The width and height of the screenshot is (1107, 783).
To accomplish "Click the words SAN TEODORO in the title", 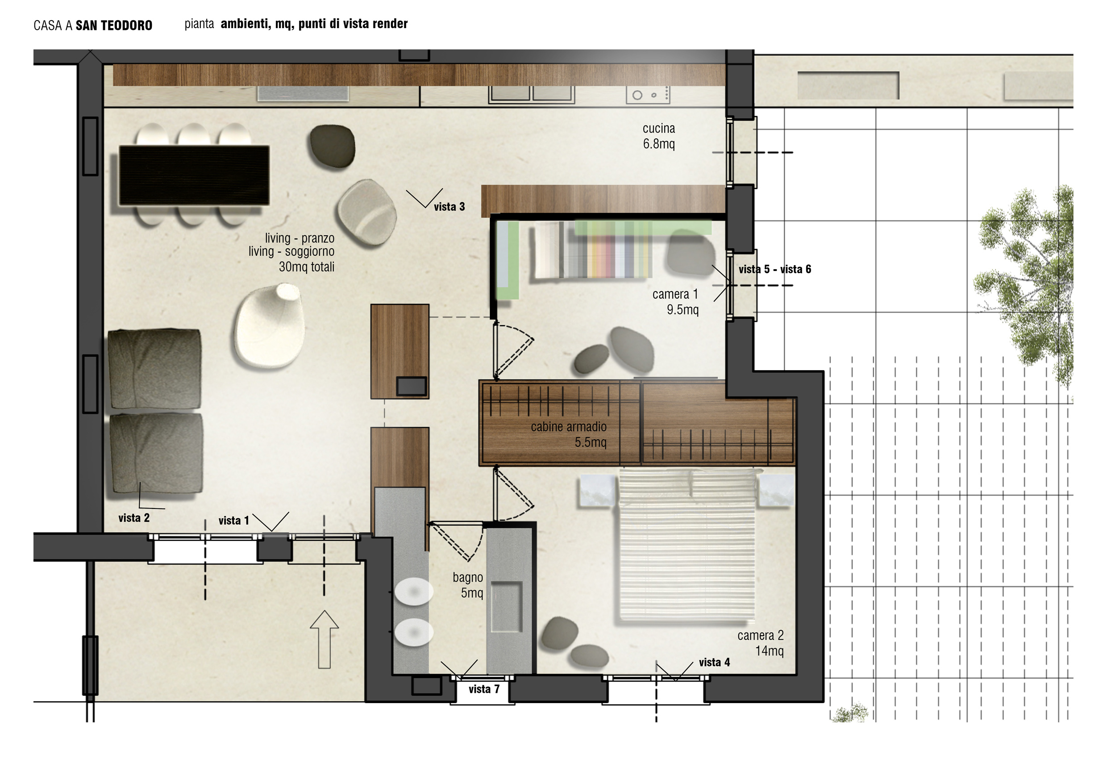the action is coord(114,25).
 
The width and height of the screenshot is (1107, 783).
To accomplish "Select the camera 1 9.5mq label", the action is coord(675,302).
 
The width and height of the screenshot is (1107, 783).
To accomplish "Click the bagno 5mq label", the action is coord(468,585).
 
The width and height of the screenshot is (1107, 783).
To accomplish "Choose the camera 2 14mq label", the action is coord(760,643).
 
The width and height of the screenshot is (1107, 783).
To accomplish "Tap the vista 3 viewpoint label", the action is coord(449,207).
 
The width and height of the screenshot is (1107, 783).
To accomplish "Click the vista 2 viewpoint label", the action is coord(134,518).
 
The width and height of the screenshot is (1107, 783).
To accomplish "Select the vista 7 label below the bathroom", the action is coord(484,689).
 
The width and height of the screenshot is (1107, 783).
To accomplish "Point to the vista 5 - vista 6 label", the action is coord(775,270).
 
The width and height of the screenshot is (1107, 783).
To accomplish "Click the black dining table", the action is coord(194,175).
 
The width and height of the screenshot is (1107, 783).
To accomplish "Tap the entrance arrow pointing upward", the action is coord(324,639).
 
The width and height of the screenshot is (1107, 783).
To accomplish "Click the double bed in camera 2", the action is coord(687,546).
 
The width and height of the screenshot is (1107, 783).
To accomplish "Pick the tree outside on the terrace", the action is coord(1024,289).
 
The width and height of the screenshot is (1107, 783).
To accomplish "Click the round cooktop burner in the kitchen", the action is coord(637,95).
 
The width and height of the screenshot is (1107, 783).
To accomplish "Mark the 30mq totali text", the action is coord(307,267).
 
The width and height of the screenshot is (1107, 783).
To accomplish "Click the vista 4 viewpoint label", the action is coord(714,662).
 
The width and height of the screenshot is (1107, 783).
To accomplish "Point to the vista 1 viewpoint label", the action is coord(234,521).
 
